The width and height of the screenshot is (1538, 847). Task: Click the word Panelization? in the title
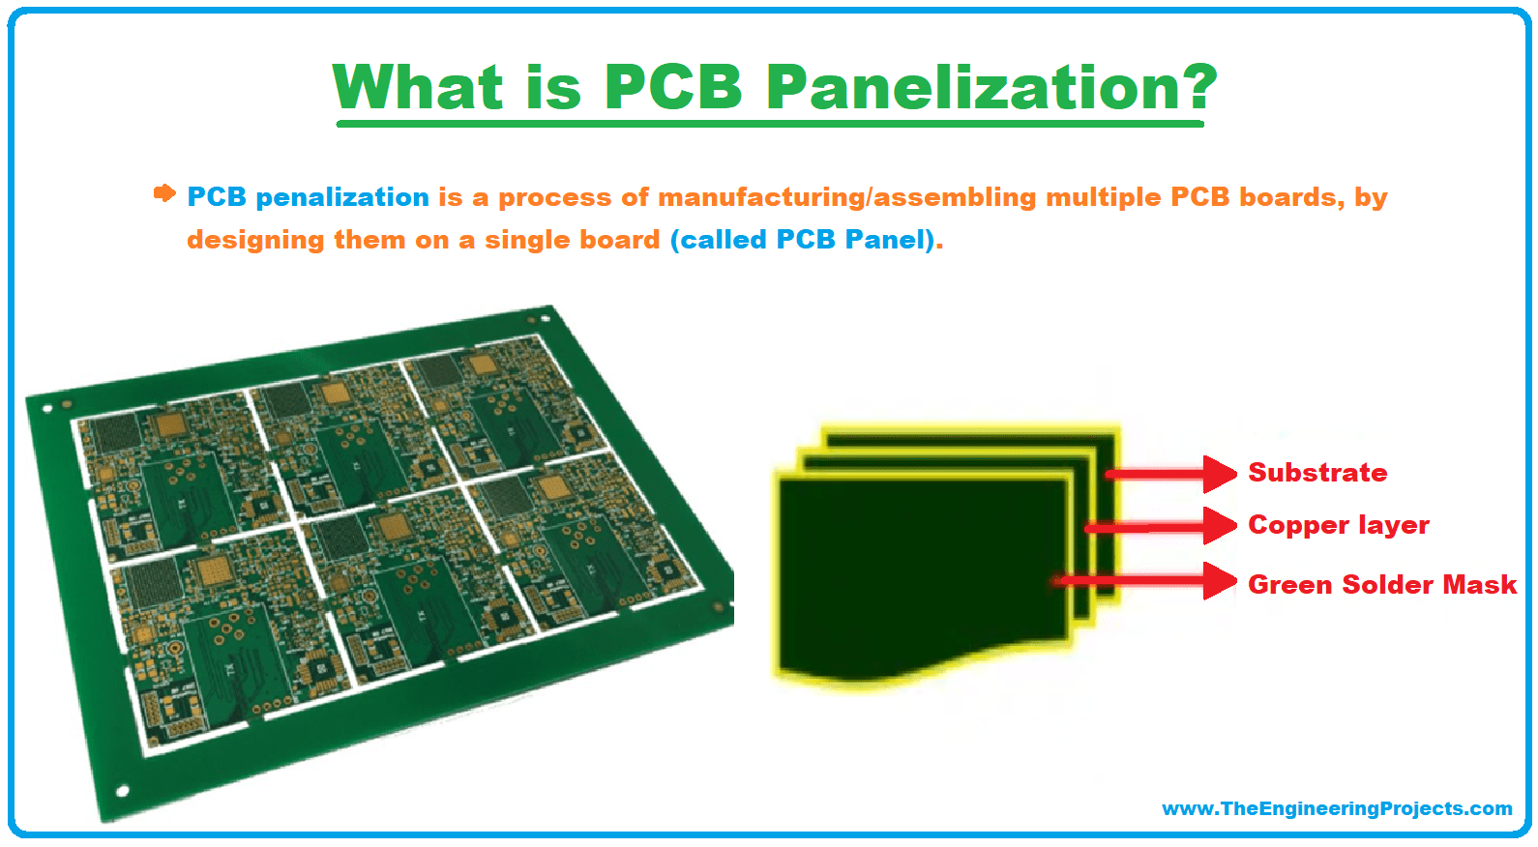click(x=991, y=87)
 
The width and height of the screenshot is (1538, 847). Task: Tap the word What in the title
click(x=418, y=87)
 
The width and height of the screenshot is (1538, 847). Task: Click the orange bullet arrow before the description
click(x=164, y=193)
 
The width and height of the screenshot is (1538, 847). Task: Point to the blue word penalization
click(x=341, y=197)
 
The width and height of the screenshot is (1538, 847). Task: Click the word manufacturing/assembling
click(x=833, y=197)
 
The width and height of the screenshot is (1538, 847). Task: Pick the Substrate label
click(x=1317, y=473)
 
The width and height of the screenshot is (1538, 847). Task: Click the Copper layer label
click(x=1338, y=525)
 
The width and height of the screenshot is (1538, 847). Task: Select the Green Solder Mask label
click(x=1381, y=585)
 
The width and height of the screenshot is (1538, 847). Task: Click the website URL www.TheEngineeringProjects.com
click(x=1337, y=808)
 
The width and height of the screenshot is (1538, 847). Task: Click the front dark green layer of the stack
click(x=919, y=570)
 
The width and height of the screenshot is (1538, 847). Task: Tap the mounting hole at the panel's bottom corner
click(x=123, y=791)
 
